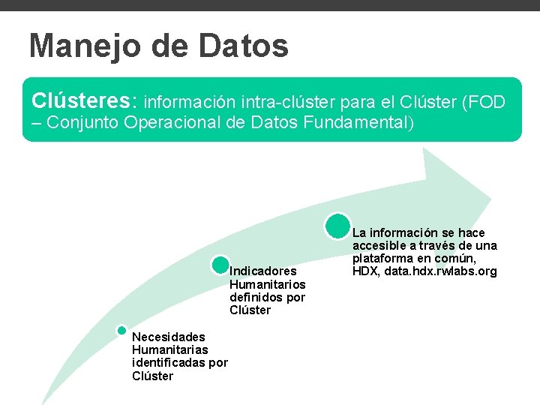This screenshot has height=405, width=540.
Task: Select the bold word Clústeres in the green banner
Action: (82, 100)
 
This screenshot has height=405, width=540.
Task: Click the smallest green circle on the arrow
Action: (121, 330)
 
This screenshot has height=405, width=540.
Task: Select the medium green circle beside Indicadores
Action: (220, 264)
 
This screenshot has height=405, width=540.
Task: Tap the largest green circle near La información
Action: (338, 225)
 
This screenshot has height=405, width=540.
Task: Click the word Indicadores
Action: (263, 271)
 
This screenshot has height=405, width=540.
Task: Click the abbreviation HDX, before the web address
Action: (365, 271)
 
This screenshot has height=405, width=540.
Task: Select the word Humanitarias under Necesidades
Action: (169, 349)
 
